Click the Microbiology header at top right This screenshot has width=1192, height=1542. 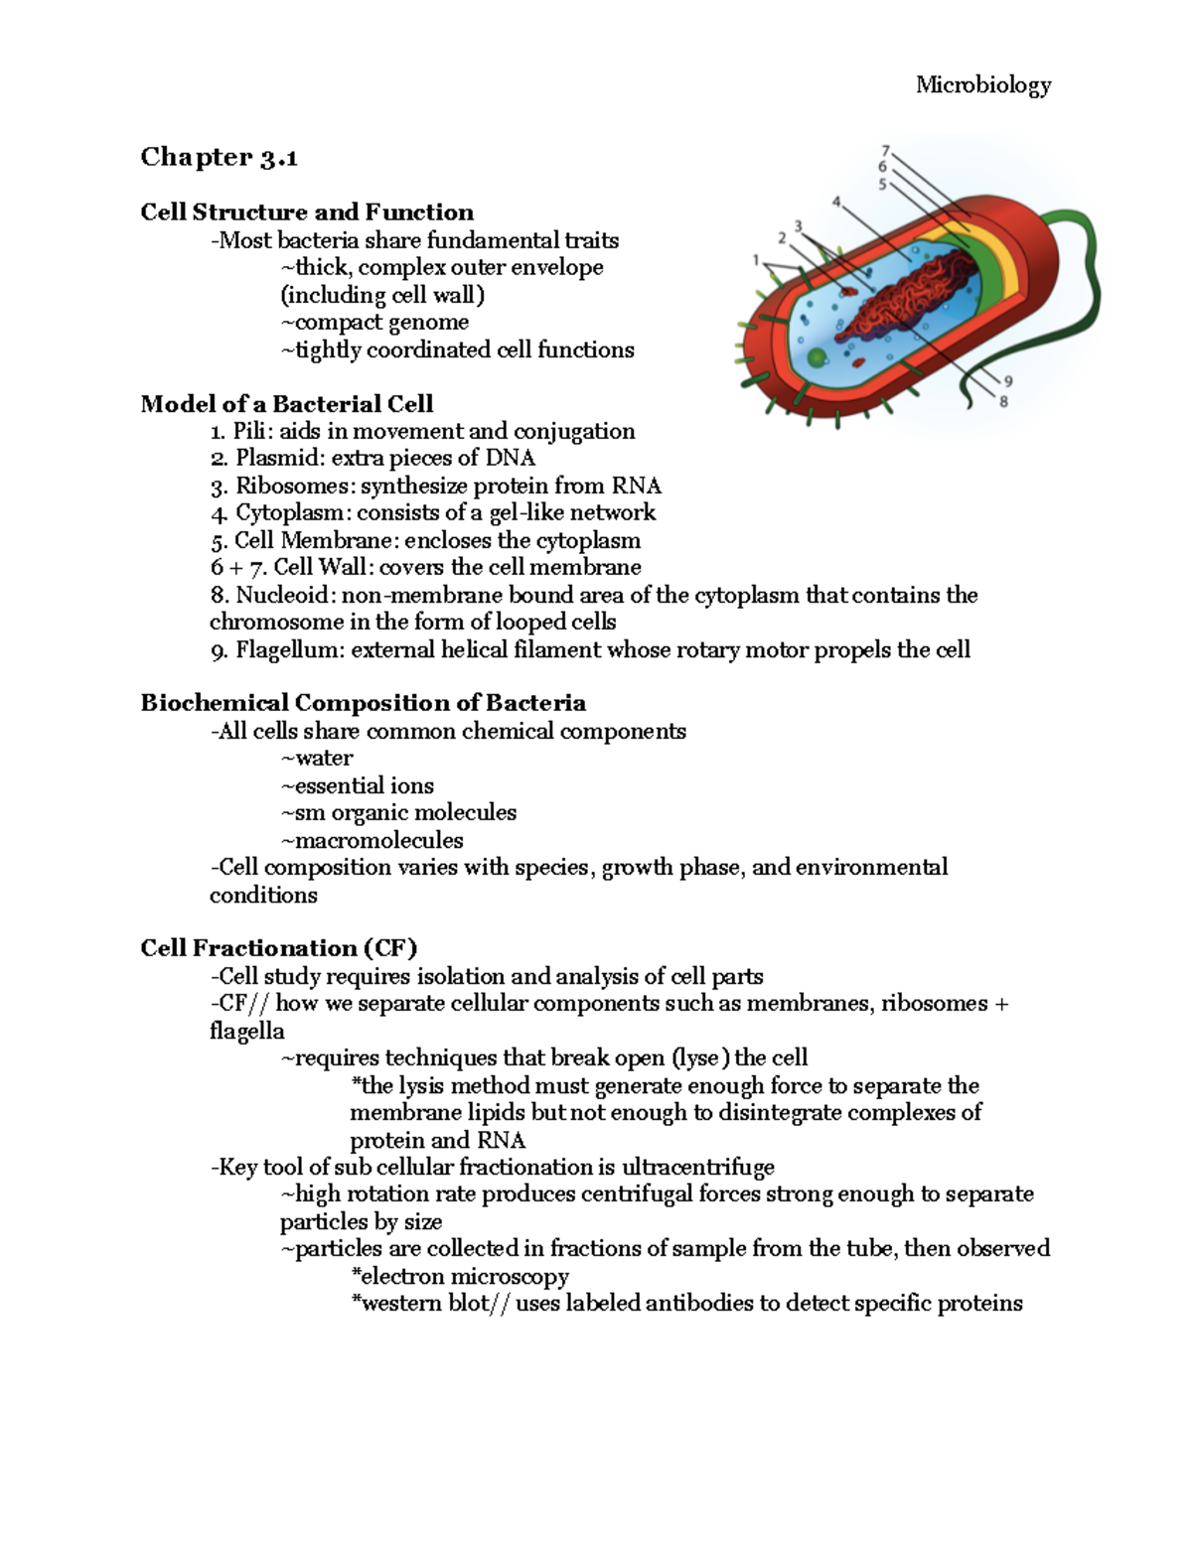tap(982, 85)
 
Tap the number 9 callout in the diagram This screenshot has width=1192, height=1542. tap(1008, 381)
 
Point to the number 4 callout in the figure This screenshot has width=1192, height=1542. tap(836, 202)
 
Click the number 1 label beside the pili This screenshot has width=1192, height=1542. tap(756, 260)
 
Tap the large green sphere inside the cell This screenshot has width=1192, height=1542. tap(817, 358)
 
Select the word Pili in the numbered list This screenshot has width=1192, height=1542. tap(248, 431)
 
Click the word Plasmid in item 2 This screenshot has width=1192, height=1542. tap(265, 458)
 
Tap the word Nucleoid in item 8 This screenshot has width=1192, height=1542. tap(268, 595)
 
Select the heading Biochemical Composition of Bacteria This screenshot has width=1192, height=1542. tap(363, 703)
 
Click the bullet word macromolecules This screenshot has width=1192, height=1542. tap(378, 840)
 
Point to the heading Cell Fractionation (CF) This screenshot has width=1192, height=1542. tap(278, 947)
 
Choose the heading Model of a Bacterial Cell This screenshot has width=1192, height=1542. tap(286, 403)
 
